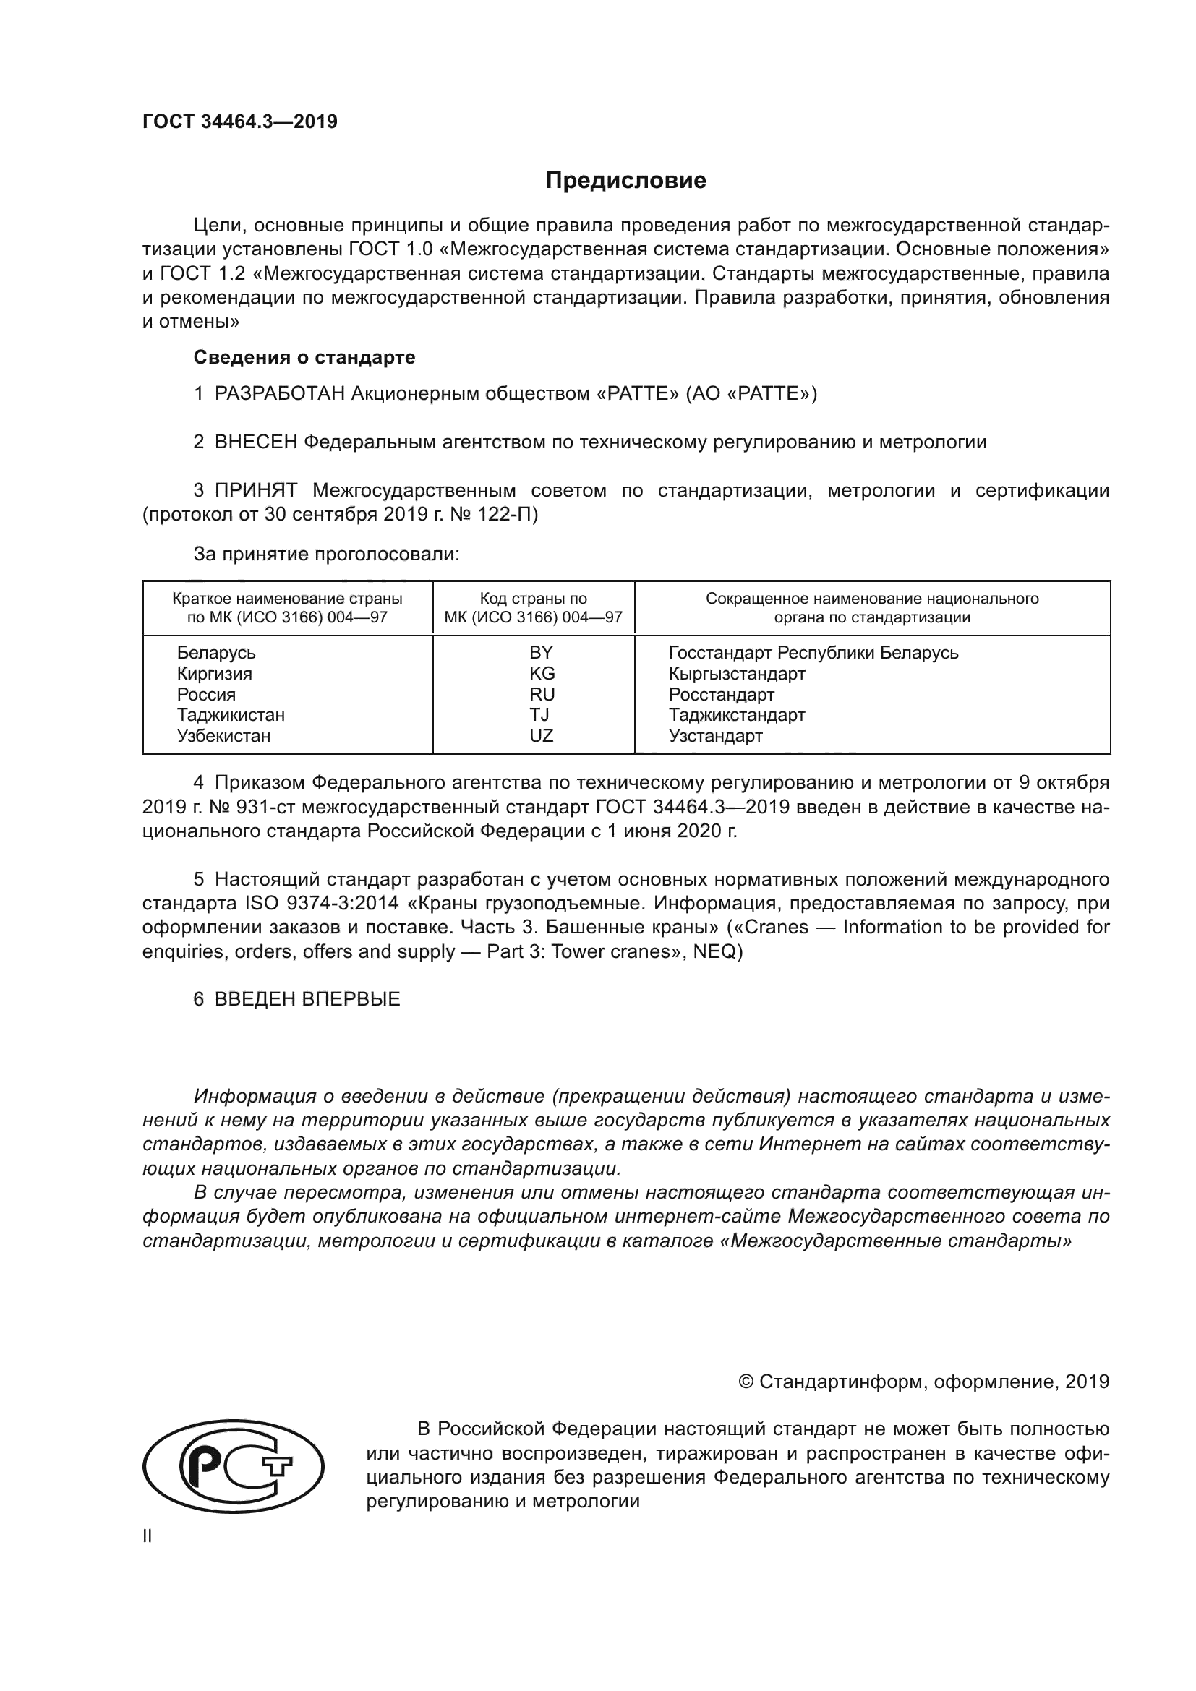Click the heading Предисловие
[625, 181]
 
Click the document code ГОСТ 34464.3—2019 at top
[240, 121]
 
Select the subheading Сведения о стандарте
[304, 357]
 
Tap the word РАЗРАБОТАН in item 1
[280, 393]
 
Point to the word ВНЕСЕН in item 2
[256, 442]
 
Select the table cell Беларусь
[215, 653]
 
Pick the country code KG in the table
[542, 673]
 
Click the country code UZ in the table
[542, 735]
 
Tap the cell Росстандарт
[721, 694]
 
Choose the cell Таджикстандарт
[736, 714]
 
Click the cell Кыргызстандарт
[736, 673]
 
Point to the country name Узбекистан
[223, 735]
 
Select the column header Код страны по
[533, 598]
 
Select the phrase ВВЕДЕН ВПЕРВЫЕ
[307, 999]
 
